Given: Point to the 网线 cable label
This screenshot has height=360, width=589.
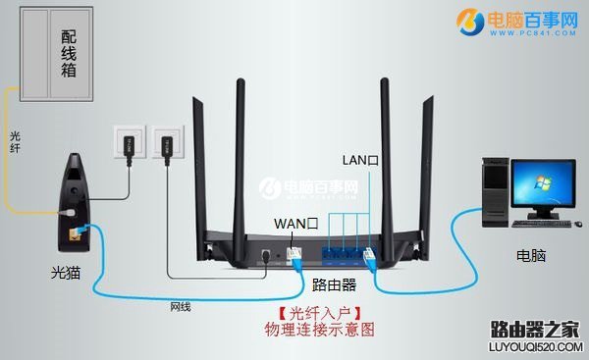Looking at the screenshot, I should [x=180, y=307].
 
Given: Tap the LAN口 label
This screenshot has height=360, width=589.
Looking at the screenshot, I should [x=360, y=158].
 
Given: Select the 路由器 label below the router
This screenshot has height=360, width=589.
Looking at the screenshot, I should [x=333, y=285].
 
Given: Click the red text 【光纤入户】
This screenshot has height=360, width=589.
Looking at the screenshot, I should [x=320, y=314].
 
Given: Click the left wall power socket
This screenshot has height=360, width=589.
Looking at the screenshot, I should [x=129, y=143].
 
